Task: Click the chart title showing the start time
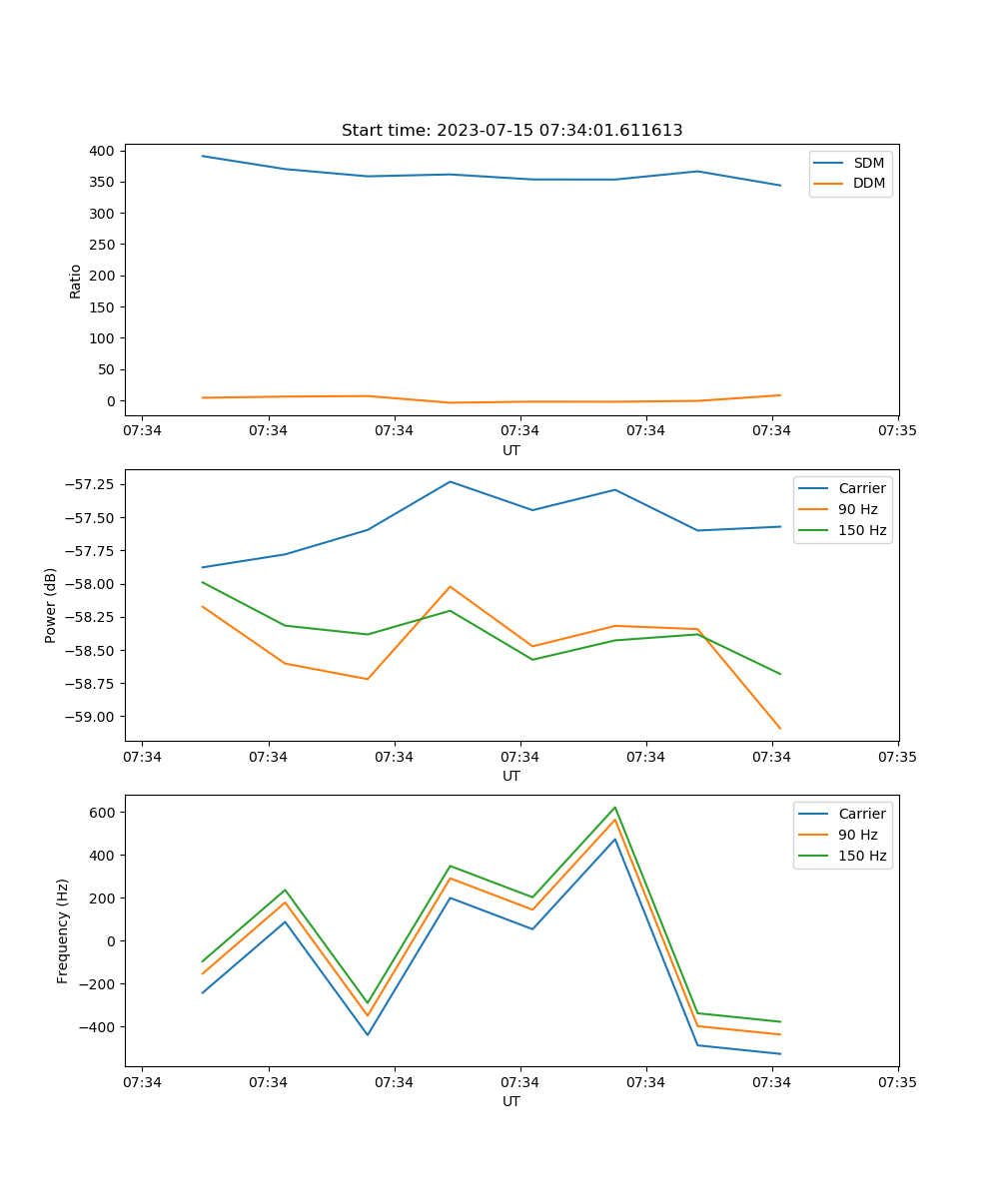511,131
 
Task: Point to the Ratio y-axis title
76,281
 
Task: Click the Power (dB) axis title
51,605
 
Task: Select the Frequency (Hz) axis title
63,930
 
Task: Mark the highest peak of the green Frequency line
615,807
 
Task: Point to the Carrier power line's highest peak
451,481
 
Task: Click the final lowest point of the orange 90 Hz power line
780,729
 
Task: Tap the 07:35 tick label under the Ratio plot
898,430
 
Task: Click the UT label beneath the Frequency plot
511,1101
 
